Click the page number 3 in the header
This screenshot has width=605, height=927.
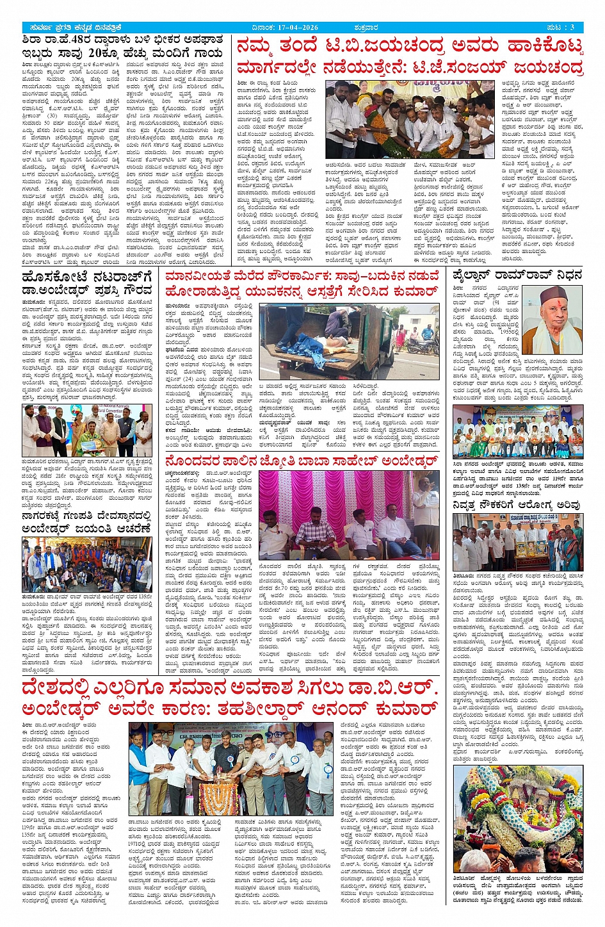coord(572,27)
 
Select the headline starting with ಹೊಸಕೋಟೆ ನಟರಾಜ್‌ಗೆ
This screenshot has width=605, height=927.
coord(86,284)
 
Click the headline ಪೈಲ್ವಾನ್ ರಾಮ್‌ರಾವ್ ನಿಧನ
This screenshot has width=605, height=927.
coord(513,276)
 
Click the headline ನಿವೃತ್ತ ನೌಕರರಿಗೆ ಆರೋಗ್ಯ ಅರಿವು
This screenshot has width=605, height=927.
coord(517,505)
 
